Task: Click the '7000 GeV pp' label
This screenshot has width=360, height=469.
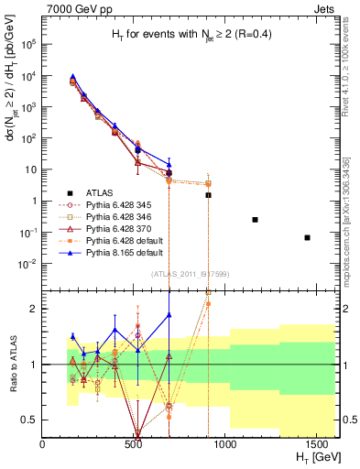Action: coord(75,7)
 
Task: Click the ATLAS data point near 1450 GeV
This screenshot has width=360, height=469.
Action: coord(307,237)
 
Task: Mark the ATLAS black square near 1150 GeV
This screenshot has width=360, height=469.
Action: coord(255,220)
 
